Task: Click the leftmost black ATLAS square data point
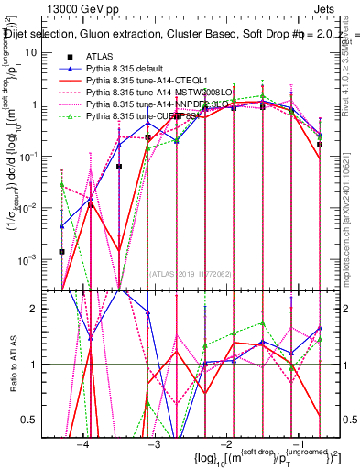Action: click(x=61, y=251)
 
